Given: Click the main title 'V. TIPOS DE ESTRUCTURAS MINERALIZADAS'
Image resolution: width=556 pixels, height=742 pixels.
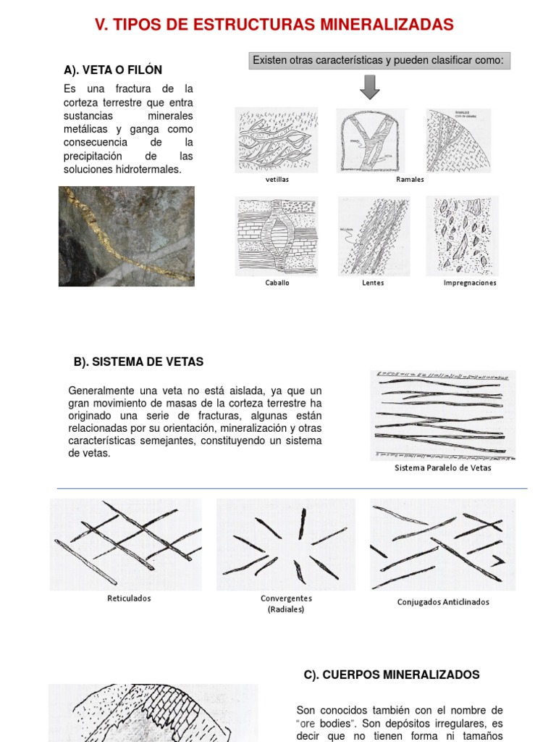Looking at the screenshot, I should [274, 25].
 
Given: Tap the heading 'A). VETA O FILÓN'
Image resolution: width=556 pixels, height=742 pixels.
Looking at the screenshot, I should [113, 70].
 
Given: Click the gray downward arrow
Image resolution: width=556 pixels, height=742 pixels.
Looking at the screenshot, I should [370, 87].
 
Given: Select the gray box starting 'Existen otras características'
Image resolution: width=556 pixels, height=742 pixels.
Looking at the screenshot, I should [379, 60].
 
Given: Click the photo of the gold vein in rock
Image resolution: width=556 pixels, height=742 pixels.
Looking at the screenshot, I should [127, 236].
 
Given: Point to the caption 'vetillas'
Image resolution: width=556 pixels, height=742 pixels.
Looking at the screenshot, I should [277, 179].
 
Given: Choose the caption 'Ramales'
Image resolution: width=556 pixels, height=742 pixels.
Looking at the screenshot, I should [410, 179].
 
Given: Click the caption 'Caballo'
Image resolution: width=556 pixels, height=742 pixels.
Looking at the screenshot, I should [277, 283].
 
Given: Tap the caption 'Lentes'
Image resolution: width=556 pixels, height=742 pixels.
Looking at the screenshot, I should [373, 283].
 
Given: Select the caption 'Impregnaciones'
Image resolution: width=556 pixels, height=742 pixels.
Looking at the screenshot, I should [470, 283].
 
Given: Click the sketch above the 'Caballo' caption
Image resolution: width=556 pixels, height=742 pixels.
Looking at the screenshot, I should [277, 236].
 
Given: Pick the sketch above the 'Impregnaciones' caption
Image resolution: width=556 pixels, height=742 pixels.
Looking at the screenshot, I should [462, 236].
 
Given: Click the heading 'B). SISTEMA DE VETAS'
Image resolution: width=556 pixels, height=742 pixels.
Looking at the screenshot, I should [138, 362].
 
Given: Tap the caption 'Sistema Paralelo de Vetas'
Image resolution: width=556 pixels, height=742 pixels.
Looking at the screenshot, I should [442, 468].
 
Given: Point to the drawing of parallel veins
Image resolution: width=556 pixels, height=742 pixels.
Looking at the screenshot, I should [442, 414].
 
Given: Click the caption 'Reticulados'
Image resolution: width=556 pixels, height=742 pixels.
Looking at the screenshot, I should [129, 599].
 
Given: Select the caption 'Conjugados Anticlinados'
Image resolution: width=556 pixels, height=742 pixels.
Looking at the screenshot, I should [443, 602].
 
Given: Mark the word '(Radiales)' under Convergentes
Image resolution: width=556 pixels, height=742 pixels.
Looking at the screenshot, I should [286, 609].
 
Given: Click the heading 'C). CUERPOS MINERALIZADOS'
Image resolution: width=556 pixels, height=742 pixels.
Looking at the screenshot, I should [391, 675].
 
